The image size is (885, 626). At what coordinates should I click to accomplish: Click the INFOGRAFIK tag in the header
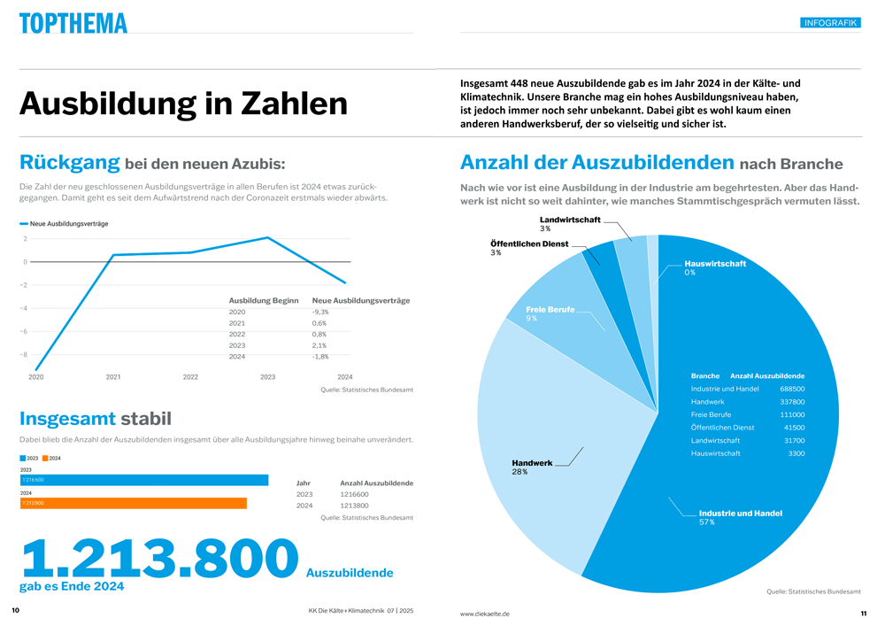(x=829, y=23)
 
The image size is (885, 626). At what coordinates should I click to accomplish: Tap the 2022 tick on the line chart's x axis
(x=190, y=377)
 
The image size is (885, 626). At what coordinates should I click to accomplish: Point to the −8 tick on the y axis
(x=24, y=355)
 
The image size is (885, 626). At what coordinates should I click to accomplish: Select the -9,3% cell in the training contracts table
(x=320, y=312)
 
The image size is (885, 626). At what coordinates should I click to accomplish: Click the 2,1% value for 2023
(x=319, y=345)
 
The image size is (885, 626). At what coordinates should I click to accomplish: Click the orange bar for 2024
(x=133, y=503)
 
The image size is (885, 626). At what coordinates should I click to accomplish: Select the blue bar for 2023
(x=143, y=480)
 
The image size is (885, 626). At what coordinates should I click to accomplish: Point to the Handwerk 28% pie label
(x=532, y=468)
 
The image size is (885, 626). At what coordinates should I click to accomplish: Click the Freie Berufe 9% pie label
(x=550, y=313)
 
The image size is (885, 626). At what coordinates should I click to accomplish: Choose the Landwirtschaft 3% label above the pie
(x=570, y=224)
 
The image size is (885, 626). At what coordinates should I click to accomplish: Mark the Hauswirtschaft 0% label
(x=714, y=267)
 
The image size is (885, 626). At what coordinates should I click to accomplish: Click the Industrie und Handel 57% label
(x=740, y=517)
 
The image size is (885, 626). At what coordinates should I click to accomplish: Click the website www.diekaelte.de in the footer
(x=484, y=614)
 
